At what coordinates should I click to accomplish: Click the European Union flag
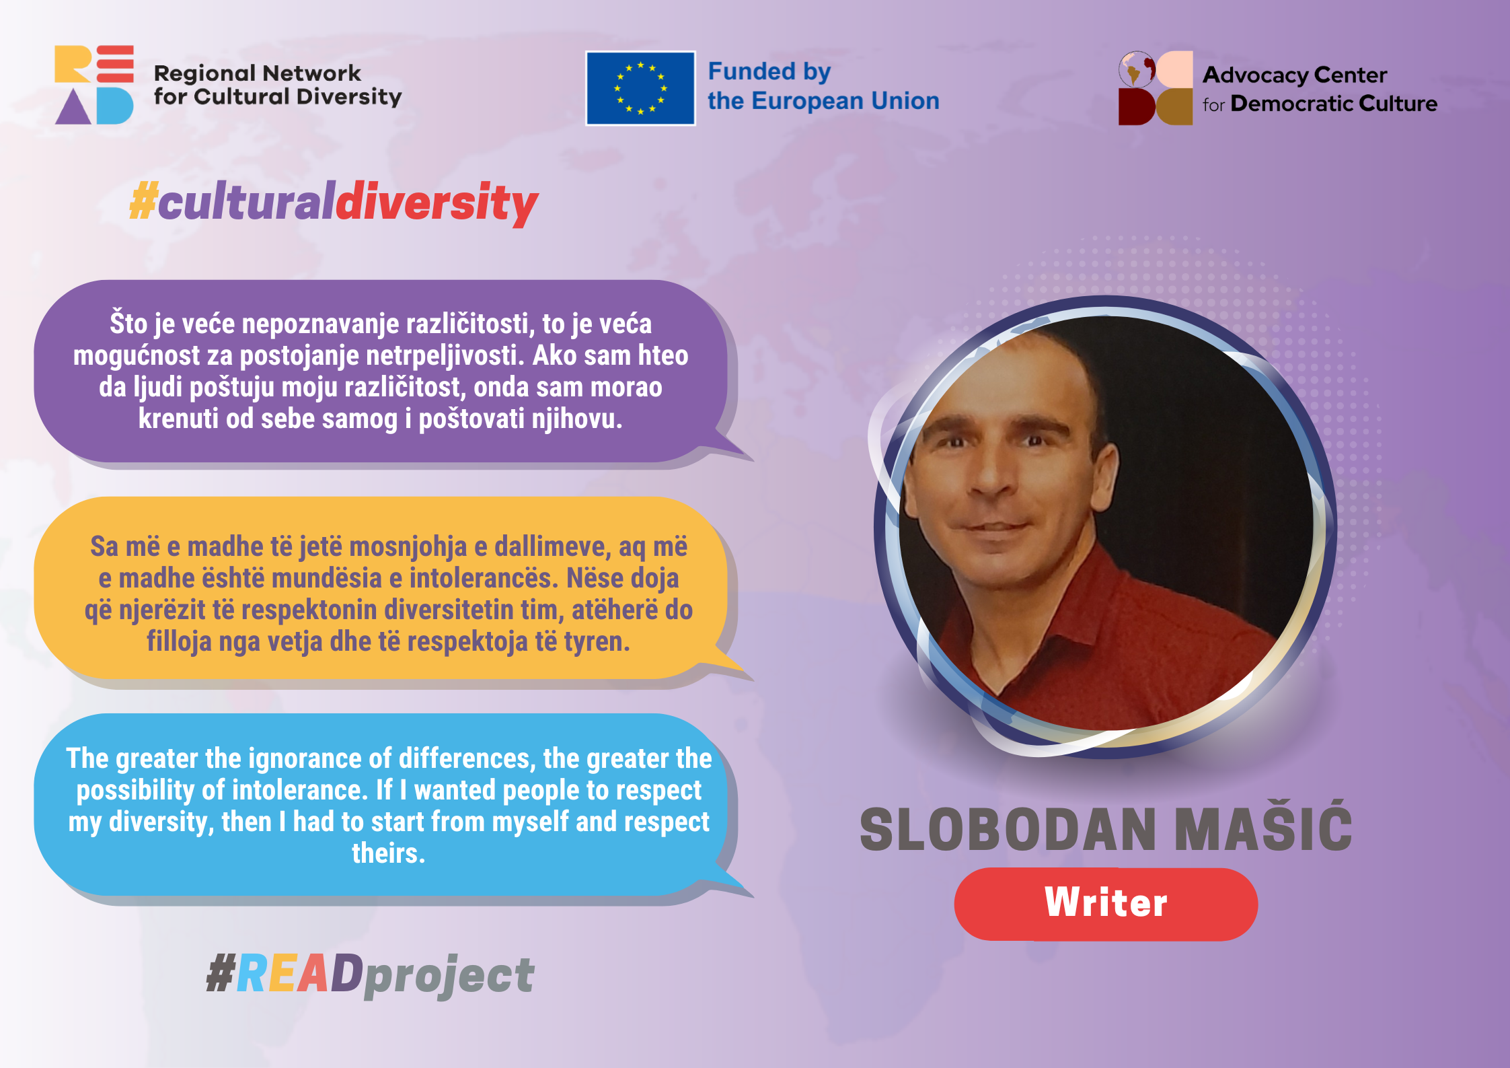[x=640, y=88]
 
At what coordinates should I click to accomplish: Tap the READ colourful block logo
[x=94, y=85]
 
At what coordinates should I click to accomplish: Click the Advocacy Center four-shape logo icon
[x=1155, y=88]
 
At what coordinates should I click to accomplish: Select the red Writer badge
[x=1105, y=903]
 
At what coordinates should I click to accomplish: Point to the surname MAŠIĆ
[x=1263, y=829]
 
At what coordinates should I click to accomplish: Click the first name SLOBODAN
[x=1008, y=829]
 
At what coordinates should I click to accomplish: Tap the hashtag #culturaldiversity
[x=334, y=202]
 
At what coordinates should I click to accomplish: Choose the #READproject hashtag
[x=370, y=974]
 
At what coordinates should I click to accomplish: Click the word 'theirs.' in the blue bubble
[x=388, y=853]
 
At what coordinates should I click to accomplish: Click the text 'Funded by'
[x=769, y=71]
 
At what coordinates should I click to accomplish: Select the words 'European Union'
[x=845, y=101]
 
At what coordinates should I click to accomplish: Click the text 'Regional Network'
[x=257, y=73]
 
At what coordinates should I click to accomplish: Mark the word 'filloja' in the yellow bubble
[x=179, y=641]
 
